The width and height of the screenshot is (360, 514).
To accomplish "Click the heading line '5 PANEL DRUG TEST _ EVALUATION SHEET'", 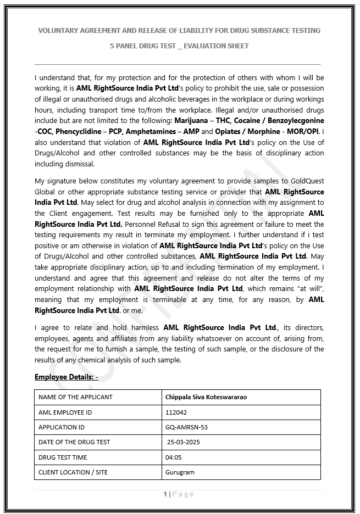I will [x=179, y=46].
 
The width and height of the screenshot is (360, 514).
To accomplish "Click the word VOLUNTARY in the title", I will [x=59, y=30].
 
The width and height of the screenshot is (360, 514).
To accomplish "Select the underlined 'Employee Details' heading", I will [x=66, y=377].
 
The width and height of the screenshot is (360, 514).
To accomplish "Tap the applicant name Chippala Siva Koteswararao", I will [x=206, y=397].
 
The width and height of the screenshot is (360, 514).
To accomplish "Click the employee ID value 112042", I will [x=176, y=412].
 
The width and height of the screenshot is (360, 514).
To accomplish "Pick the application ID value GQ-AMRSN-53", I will [x=186, y=427].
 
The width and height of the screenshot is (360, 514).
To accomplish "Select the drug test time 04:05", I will [x=173, y=457].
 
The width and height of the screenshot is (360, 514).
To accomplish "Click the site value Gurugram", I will [x=180, y=472].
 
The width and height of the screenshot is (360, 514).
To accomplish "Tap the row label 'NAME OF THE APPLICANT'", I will [x=75, y=397].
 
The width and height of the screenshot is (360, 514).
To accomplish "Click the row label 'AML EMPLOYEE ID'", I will [x=65, y=412].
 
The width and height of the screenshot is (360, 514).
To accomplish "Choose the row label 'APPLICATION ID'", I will [x=62, y=427].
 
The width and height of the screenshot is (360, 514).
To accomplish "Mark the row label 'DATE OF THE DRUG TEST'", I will [x=74, y=442].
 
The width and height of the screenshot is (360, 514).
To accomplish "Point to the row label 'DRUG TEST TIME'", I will [x=63, y=457].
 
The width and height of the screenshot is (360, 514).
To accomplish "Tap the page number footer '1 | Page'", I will [x=179, y=494].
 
